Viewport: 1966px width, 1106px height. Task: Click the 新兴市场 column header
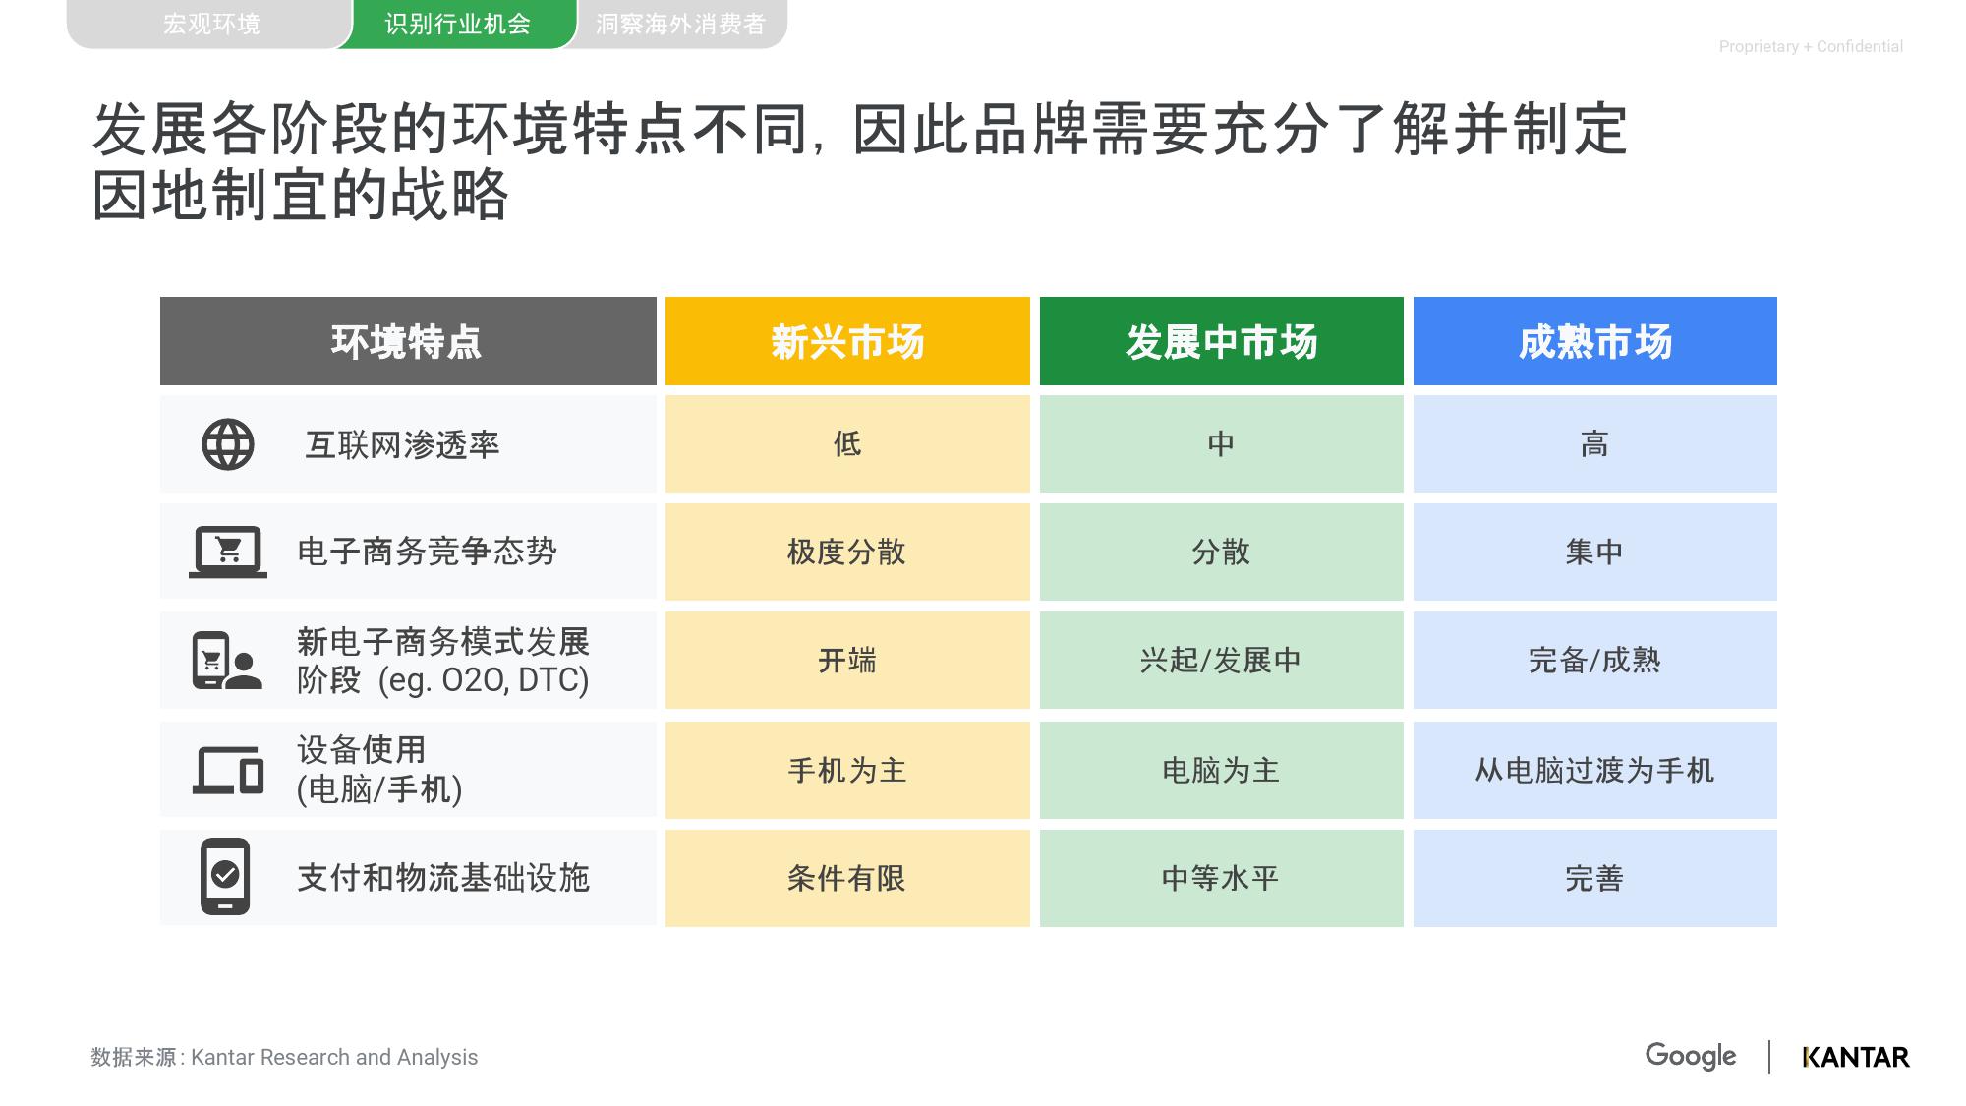click(x=847, y=341)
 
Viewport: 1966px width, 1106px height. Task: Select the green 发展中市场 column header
click(x=1222, y=341)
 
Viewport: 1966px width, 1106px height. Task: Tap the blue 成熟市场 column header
click(x=1595, y=341)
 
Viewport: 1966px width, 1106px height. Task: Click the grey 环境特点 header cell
click(x=408, y=341)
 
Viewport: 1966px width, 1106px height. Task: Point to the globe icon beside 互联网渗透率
click(x=228, y=444)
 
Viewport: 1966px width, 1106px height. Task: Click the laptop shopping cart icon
click(x=228, y=552)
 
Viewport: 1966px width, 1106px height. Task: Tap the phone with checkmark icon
click(x=225, y=877)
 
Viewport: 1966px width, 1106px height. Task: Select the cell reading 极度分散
click(x=847, y=552)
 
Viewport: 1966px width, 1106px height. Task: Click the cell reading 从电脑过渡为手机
click(x=1595, y=770)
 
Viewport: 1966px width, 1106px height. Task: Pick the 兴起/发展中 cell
click(x=1222, y=660)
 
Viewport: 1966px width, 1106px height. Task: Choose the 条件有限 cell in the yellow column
click(x=847, y=878)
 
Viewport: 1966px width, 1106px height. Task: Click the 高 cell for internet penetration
click(x=1595, y=443)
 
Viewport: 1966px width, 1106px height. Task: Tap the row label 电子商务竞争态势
click(x=428, y=552)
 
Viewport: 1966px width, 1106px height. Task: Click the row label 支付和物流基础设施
click(x=443, y=878)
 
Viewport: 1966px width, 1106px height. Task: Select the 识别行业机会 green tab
click(x=457, y=24)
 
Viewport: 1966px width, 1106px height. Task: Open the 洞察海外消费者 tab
click(x=681, y=24)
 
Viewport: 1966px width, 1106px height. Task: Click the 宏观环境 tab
click(x=211, y=24)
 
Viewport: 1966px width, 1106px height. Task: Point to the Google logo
click(x=1691, y=1057)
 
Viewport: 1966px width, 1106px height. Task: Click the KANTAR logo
click(x=1856, y=1058)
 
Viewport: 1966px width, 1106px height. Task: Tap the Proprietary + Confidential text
click(x=1811, y=46)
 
